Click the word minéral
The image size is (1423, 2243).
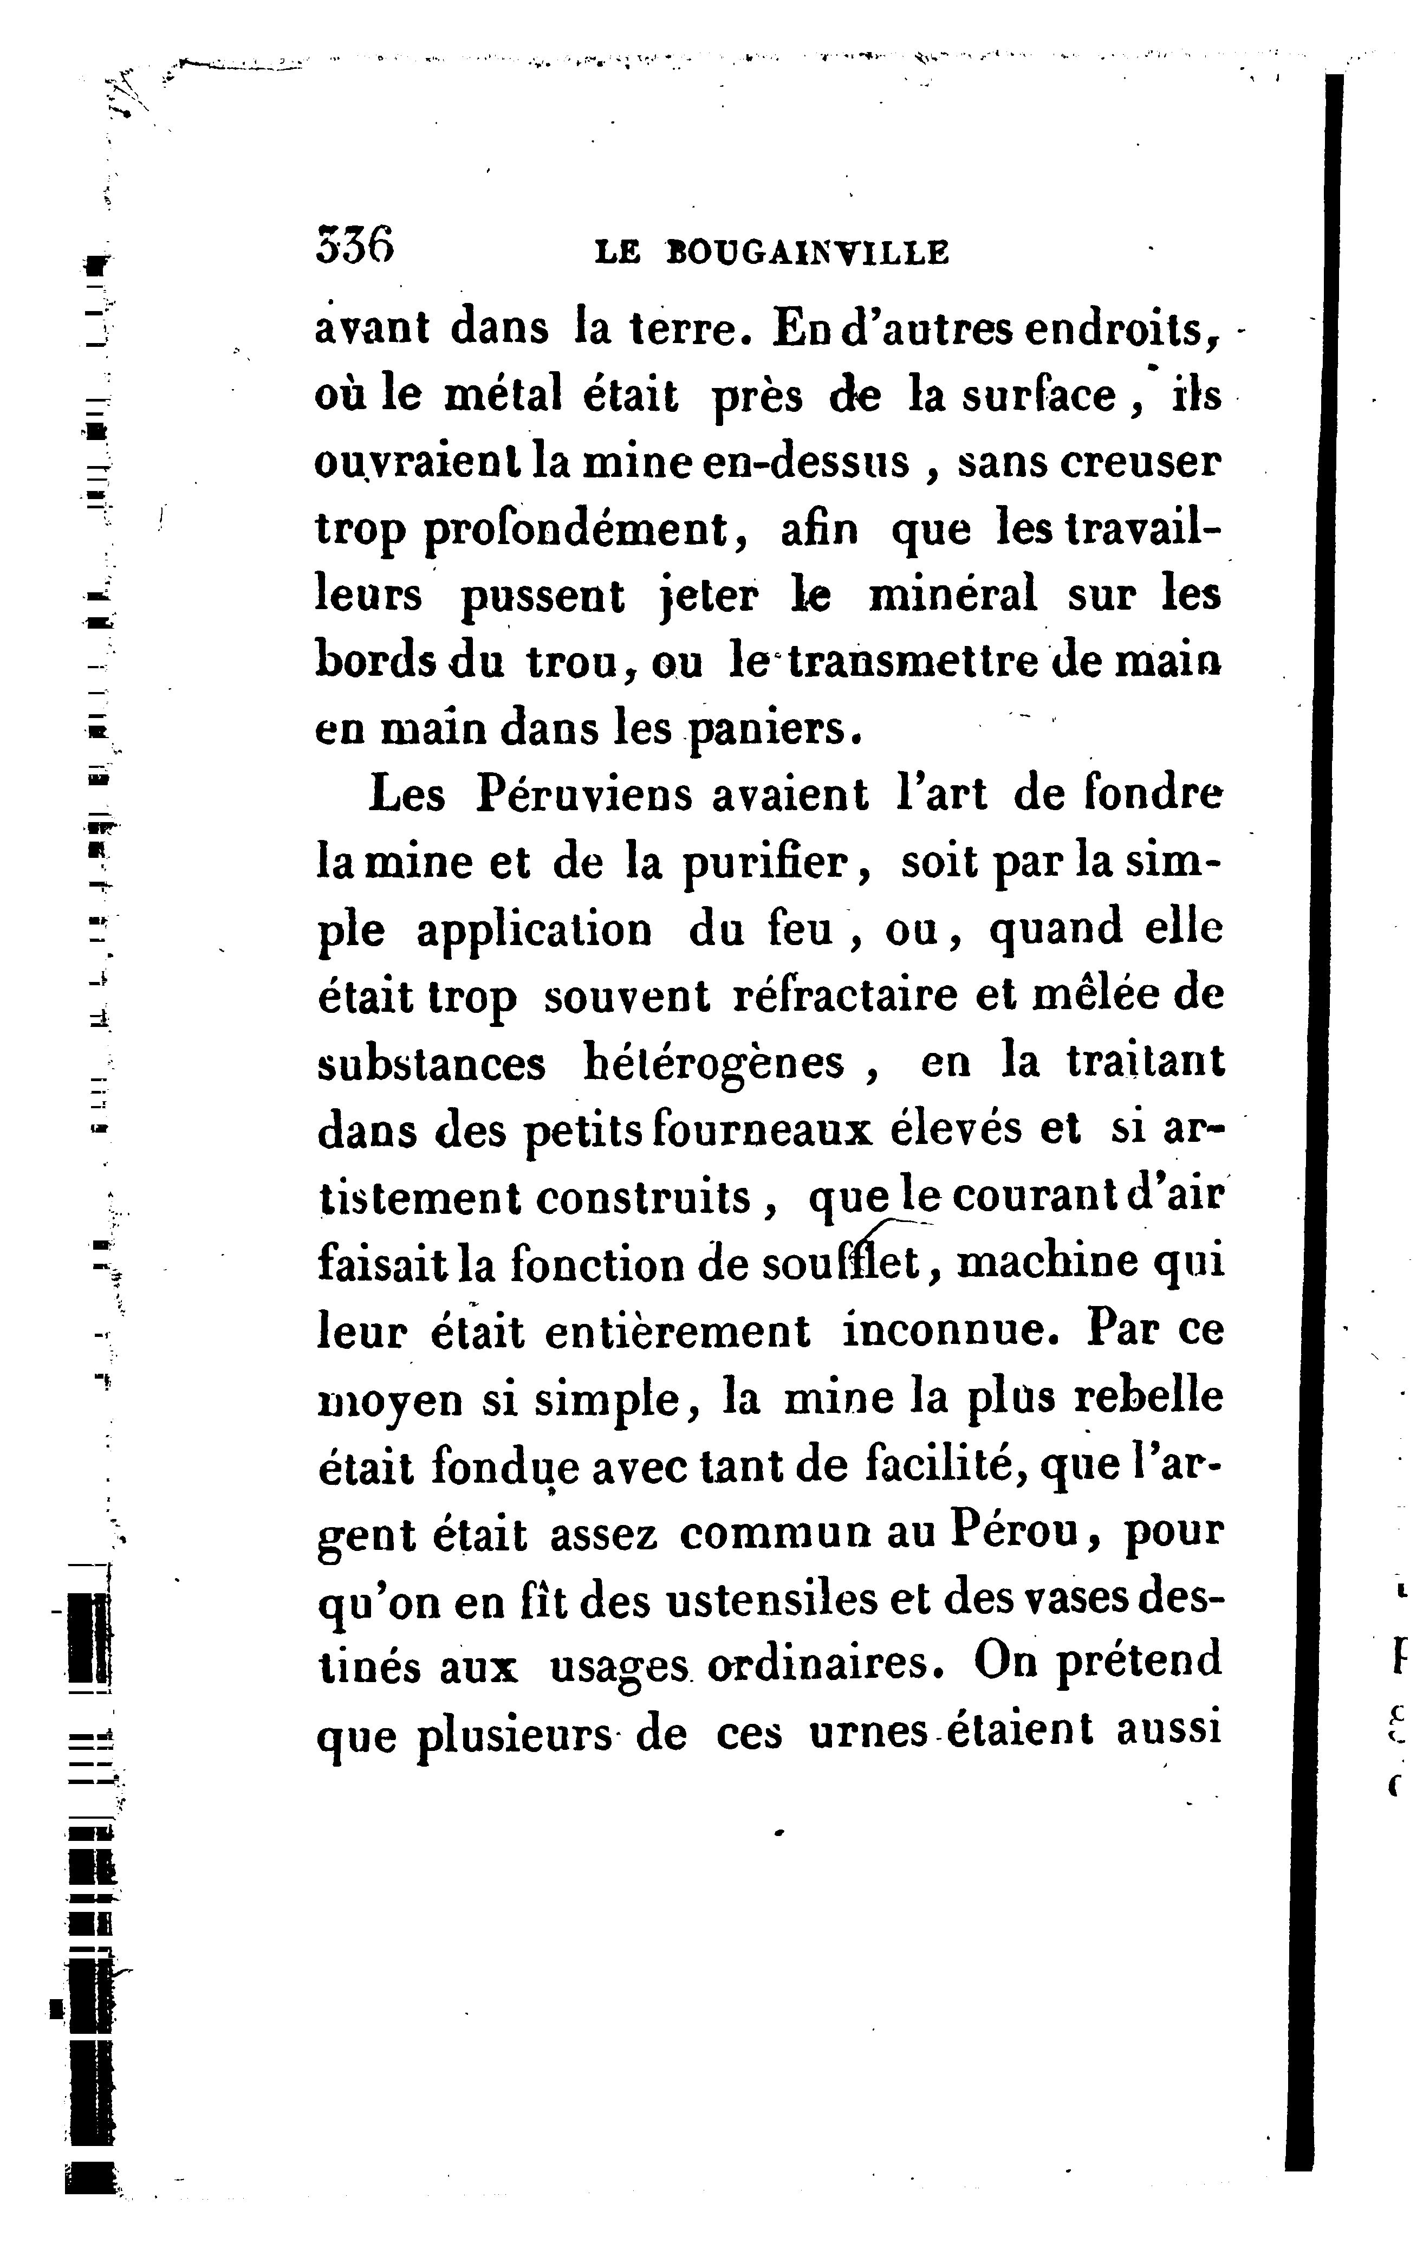click(952, 595)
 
